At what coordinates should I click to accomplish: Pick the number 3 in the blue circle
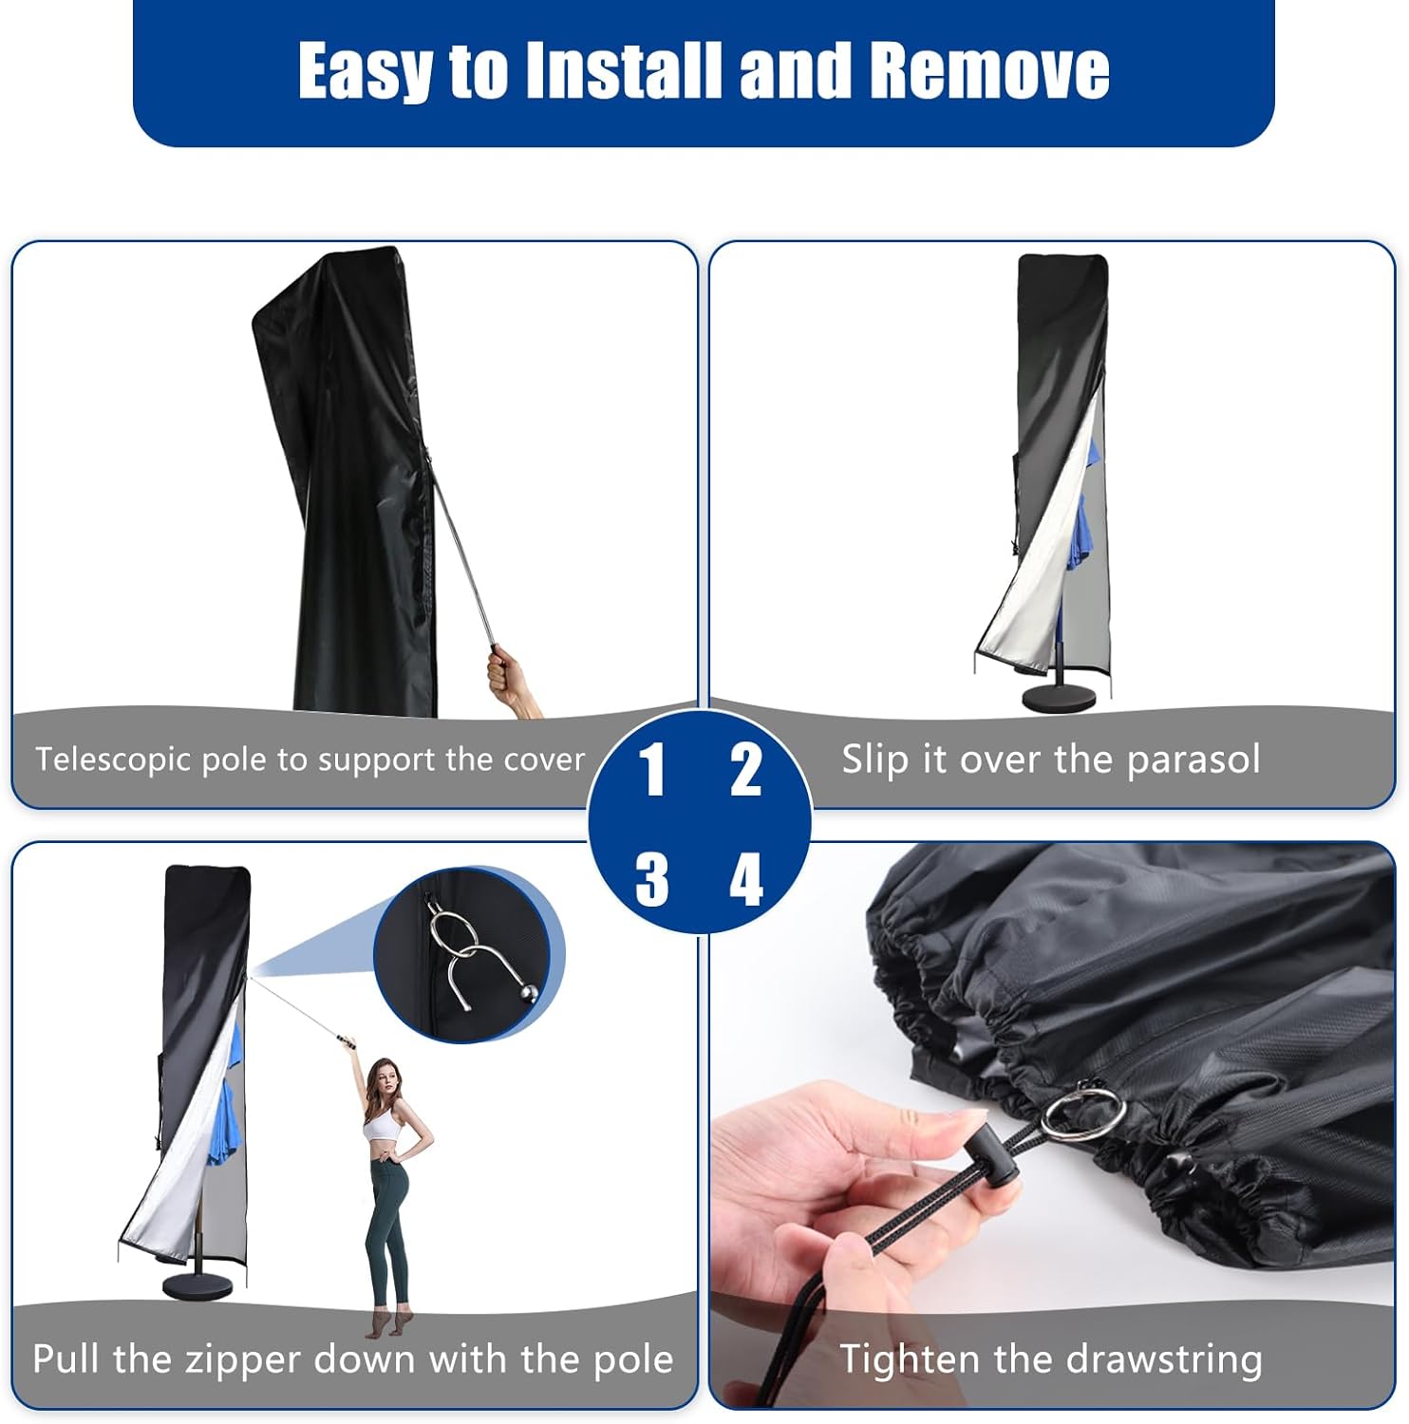pos(651,879)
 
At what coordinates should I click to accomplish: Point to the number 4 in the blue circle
pos(746,879)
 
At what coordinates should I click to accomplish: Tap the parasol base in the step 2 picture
pos(1058,694)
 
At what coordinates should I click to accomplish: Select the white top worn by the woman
pos(380,1126)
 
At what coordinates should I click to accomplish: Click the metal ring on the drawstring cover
pos(1082,1112)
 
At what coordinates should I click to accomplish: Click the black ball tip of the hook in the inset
pos(528,995)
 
